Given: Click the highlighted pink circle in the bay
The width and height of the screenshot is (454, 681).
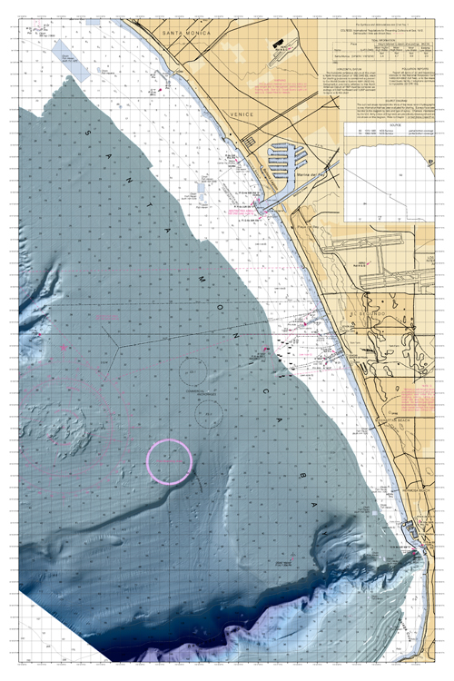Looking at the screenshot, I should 170,462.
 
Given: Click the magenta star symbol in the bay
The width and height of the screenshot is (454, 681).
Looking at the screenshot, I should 63,346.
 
